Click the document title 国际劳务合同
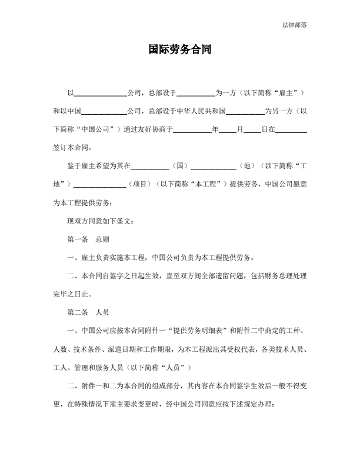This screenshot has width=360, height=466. click(x=179, y=50)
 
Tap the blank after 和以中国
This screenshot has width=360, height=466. click(x=104, y=111)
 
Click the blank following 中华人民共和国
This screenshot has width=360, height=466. click(x=245, y=111)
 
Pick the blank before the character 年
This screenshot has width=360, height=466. click(x=192, y=129)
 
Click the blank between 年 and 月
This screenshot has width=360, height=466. click(x=227, y=129)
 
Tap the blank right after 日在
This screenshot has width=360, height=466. click(x=291, y=129)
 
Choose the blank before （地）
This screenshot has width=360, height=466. click(x=214, y=167)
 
